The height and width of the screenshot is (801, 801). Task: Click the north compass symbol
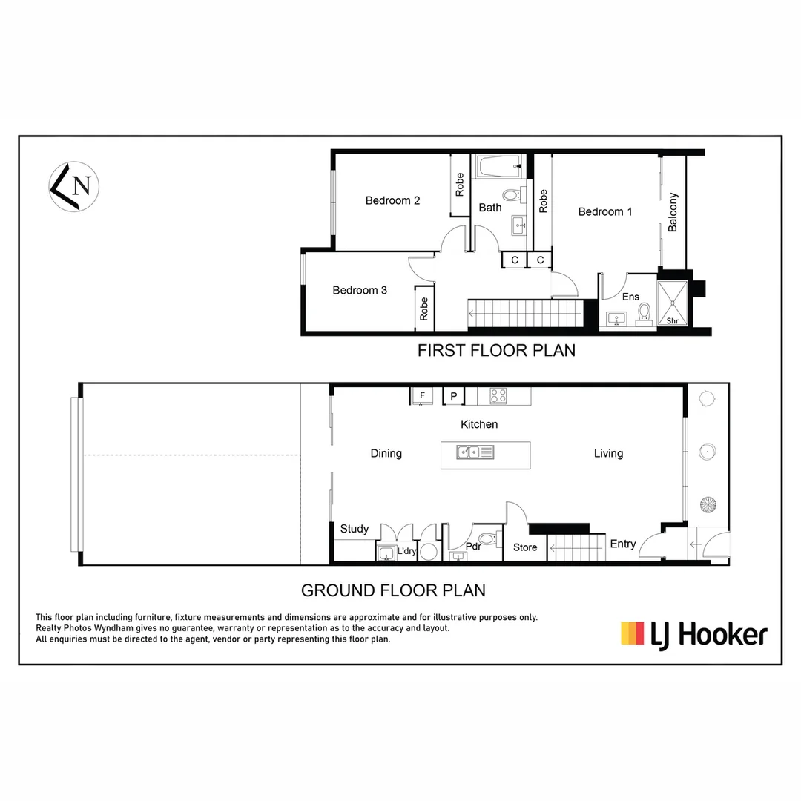[x=74, y=186]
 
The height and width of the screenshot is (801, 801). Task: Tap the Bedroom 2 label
[x=392, y=200]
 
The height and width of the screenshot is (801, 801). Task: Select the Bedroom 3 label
[x=360, y=290]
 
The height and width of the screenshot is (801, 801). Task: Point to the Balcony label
[x=673, y=212]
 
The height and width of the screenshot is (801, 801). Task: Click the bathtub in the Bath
[x=499, y=166]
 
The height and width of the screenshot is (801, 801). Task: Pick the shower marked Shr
[x=673, y=303]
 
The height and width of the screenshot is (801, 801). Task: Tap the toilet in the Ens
[x=645, y=312]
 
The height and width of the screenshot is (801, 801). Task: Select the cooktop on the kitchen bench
[x=498, y=396]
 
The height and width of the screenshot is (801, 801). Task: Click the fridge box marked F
[x=422, y=396]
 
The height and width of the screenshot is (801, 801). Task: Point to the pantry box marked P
[x=453, y=396]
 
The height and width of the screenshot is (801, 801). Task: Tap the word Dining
[x=386, y=453]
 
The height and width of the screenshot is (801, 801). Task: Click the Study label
[x=355, y=529]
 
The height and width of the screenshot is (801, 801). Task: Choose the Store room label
[x=525, y=547]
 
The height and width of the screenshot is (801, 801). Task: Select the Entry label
[x=622, y=544]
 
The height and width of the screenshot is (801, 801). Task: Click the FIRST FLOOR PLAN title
[x=496, y=350]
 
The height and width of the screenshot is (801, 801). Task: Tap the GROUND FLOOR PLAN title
[x=393, y=590]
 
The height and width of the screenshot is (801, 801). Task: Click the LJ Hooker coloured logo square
[x=632, y=633]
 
